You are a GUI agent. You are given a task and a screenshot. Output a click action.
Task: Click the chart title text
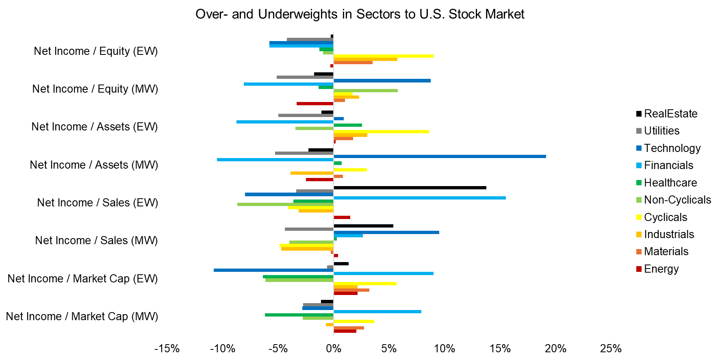click(360, 14)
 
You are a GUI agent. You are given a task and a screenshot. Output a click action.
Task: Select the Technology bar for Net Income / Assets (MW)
click(439, 156)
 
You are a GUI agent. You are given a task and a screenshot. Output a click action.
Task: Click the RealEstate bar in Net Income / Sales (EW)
click(410, 188)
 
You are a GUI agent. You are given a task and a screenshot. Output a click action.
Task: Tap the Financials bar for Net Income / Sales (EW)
click(419, 198)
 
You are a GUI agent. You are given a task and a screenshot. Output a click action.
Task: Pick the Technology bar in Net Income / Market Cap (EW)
click(273, 270)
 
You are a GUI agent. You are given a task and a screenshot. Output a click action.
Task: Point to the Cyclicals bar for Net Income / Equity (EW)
click(383, 56)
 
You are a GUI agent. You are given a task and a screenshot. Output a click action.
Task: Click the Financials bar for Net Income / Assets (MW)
click(275, 160)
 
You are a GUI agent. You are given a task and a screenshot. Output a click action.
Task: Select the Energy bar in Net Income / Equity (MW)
click(315, 104)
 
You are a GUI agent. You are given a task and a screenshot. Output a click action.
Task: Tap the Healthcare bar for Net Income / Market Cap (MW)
click(299, 315)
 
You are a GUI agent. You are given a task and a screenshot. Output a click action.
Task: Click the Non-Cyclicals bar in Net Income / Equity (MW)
click(365, 91)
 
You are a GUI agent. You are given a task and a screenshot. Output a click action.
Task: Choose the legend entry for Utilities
click(661, 131)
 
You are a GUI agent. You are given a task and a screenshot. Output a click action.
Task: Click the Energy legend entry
click(661, 269)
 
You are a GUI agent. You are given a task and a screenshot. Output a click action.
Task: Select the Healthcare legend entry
click(670, 183)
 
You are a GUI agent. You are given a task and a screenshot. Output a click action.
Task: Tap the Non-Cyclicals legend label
click(677, 200)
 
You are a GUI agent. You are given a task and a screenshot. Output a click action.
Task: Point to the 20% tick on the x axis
click(555, 349)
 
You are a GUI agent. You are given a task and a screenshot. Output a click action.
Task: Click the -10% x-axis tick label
click(223, 349)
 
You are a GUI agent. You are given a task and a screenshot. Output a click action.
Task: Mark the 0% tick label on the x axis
click(334, 349)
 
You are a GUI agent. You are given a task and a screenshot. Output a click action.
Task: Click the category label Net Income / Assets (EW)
click(95, 127)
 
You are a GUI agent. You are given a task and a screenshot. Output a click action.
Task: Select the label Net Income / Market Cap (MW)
click(82, 317)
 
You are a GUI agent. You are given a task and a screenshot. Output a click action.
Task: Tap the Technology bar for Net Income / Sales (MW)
click(386, 232)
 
